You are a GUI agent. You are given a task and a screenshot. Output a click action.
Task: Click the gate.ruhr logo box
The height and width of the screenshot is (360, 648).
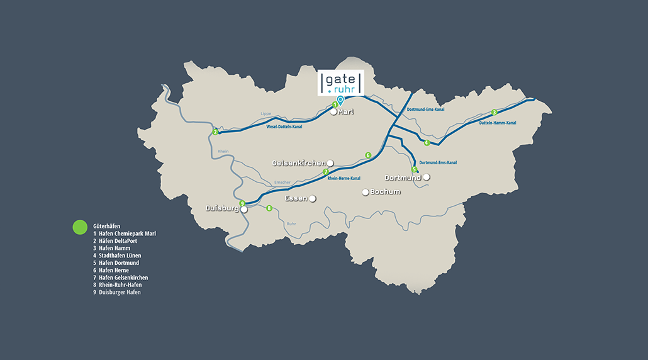[340, 82]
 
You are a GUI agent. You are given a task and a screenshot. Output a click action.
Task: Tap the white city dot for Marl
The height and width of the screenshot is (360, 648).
[334, 112]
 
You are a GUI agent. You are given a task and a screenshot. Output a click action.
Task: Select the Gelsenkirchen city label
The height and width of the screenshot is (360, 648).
[298, 163]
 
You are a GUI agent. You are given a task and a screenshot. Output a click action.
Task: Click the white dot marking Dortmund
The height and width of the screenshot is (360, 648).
[427, 177]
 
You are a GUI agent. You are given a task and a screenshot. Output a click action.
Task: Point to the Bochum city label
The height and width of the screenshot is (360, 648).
[385, 192]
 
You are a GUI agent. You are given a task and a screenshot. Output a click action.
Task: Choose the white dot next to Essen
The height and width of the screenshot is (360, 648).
[312, 199]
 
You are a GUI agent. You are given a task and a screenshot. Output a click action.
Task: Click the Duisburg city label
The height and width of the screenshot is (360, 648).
[222, 208]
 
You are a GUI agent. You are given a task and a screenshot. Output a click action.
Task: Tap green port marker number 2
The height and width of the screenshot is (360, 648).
[215, 132]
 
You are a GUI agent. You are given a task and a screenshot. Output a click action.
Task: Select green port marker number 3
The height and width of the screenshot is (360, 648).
[494, 112]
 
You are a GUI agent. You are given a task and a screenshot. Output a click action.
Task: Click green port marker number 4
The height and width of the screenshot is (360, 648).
[427, 143]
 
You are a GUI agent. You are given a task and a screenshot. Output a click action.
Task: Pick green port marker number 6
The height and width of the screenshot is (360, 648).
[368, 155]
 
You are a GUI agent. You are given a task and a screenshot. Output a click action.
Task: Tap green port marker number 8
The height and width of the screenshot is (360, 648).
[269, 208]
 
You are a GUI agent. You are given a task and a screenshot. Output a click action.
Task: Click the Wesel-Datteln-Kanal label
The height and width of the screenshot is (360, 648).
[284, 127]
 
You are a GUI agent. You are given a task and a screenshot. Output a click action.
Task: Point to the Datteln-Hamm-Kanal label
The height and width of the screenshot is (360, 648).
[497, 123]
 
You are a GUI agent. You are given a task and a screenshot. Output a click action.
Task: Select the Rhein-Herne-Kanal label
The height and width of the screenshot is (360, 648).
[344, 178]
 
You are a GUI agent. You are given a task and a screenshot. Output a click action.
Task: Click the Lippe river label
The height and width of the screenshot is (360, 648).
[265, 114]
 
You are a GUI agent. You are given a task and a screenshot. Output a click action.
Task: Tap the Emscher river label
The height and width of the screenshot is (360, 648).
[282, 183]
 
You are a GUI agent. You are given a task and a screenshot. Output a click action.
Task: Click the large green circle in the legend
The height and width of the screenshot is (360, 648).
[80, 227]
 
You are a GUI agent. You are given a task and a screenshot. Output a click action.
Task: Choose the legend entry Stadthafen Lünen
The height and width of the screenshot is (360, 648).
[120, 256]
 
